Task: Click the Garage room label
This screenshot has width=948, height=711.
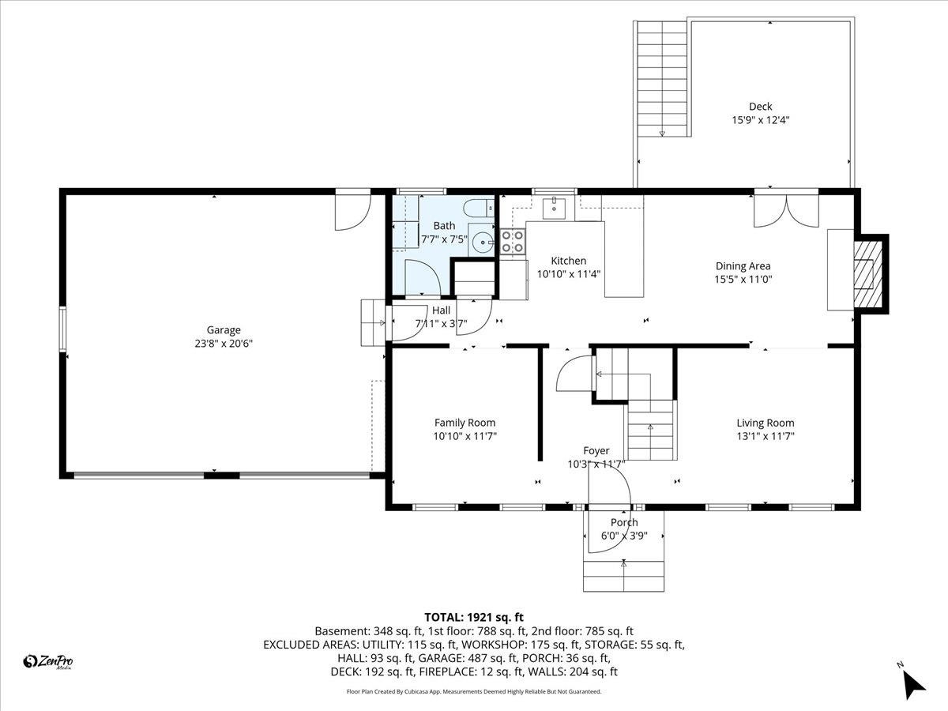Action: (224, 330)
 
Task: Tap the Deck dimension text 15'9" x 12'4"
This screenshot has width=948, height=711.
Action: (760, 120)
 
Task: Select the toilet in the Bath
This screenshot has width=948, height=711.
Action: (476, 209)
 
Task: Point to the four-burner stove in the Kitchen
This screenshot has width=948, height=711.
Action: (513, 241)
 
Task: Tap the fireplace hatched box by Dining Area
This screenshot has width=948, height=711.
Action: (868, 273)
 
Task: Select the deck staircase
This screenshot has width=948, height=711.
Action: (662, 79)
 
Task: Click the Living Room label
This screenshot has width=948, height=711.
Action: (765, 423)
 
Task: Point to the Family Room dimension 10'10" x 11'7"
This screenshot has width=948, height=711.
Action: (465, 436)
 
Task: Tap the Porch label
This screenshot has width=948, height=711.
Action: (623, 522)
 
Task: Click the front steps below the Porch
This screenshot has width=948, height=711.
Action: (623, 575)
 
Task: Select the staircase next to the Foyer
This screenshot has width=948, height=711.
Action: (651, 430)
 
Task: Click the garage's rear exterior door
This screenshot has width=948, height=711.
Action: (352, 209)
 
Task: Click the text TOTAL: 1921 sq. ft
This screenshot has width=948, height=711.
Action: (474, 617)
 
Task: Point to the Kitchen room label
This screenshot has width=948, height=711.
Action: (568, 261)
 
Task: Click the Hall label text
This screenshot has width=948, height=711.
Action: (441, 310)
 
